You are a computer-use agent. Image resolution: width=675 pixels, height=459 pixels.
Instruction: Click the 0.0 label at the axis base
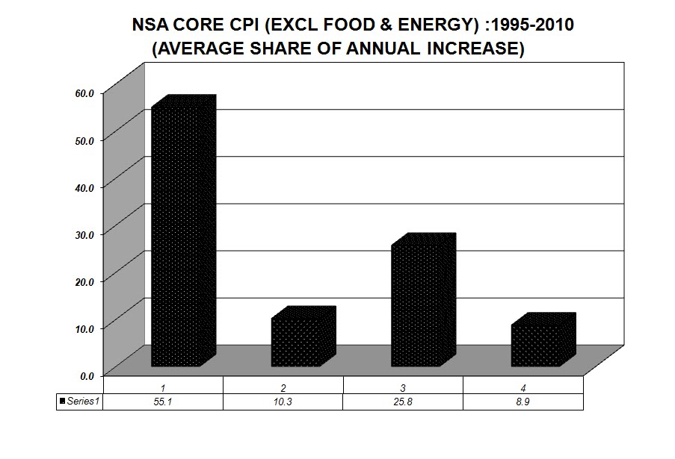[x=87, y=375]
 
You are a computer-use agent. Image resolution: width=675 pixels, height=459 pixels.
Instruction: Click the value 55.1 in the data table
[x=163, y=402]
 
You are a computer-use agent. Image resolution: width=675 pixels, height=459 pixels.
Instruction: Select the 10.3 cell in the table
[x=283, y=402]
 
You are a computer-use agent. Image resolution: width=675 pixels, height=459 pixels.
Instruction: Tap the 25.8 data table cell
[x=403, y=402]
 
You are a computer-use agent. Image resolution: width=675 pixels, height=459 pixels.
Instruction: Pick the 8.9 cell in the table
[x=523, y=402]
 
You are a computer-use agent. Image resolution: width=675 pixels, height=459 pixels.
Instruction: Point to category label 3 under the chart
[x=403, y=387]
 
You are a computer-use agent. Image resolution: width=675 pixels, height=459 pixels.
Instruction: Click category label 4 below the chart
[x=523, y=387]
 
